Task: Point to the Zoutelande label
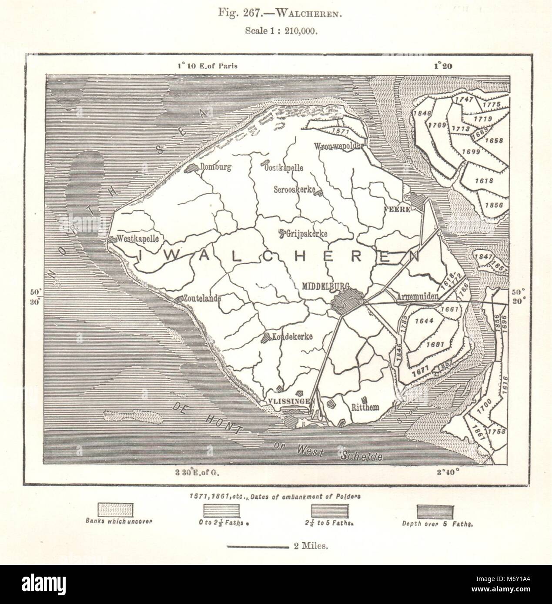click(202, 299)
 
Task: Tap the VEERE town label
click(397, 209)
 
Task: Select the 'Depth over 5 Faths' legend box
click(435, 509)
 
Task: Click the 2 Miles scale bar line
click(257, 546)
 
